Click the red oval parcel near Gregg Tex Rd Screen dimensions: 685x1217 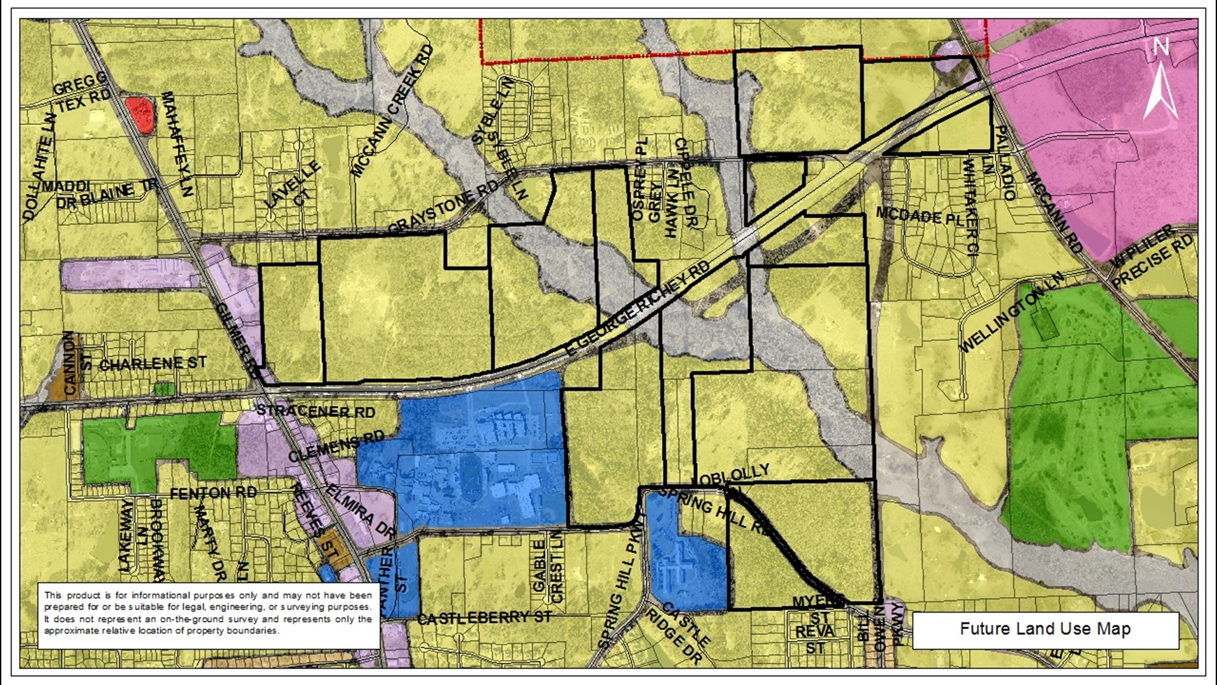(139, 115)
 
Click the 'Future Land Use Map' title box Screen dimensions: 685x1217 (1045, 629)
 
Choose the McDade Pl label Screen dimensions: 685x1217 (920, 216)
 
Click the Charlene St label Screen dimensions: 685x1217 (152, 364)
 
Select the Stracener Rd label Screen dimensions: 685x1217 (315, 411)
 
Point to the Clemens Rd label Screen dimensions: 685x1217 (336, 446)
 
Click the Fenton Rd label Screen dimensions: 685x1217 (213, 493)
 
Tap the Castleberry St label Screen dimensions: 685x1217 (484, 617)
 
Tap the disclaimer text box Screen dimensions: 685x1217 (208, 613)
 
